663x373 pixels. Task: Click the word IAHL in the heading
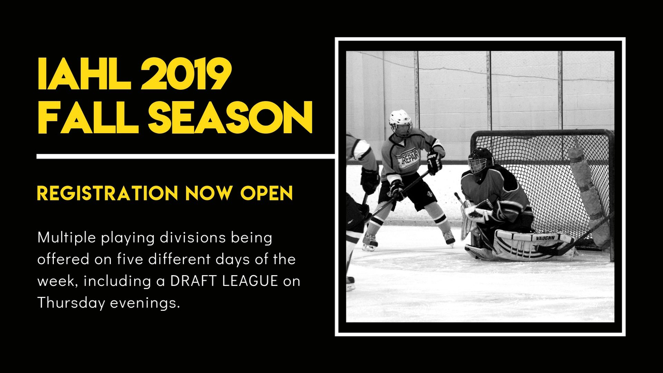click(x=84, y=74)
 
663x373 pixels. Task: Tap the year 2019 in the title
click(x=186, y=74)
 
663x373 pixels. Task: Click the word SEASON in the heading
click(x=230, y=117)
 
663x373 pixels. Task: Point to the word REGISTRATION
click(x=107, y=193)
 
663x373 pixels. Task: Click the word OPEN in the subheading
click(x=266, y=193)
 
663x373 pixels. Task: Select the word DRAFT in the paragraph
click(x=194, y=281)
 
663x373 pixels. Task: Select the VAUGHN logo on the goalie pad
click(x=545, y=238)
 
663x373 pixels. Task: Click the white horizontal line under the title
click(x=186, y=156)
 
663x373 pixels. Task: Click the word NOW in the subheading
click(x=208, y=193)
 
